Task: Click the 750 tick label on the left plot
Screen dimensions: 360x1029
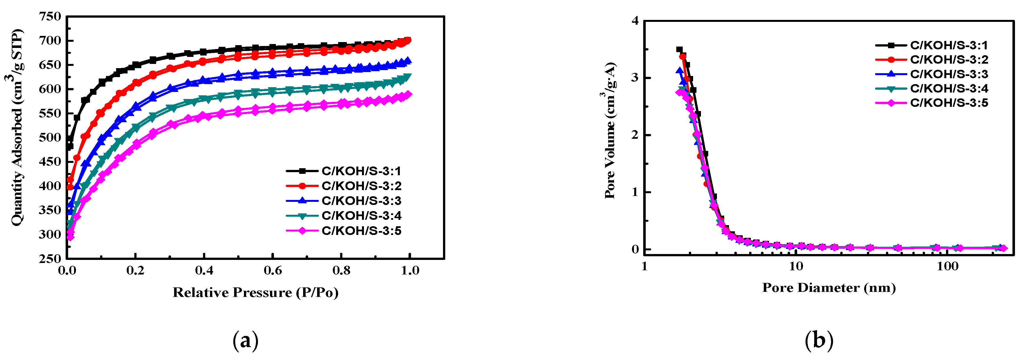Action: (x=50, y=17)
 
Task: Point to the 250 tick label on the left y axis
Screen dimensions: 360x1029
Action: (x=50, y=259)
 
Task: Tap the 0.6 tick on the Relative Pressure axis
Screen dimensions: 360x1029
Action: (x=273, y=271)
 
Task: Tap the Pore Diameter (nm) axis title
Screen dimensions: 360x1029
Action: (x=829, y=288)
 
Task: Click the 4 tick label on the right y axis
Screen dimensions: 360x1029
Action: (x=635, y=21)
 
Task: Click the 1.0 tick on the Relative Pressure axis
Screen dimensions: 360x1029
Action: (x=410, y=271)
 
